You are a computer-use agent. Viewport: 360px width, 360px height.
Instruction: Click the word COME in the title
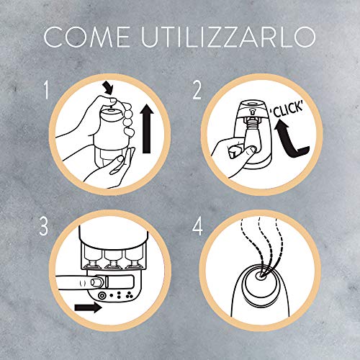(86, 37)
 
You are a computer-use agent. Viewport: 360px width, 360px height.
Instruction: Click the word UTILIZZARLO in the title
(228, 37)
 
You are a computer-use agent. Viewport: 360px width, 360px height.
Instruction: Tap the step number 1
(46, 90)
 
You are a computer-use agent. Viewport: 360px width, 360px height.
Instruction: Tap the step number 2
(197, 91)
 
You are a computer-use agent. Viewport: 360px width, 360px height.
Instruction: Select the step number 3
(44, 226)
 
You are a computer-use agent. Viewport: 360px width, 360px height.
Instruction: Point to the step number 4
(197, 226)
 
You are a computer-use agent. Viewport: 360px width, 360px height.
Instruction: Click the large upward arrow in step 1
(146, 130)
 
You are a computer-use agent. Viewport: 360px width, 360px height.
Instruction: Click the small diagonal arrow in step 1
(107, 88)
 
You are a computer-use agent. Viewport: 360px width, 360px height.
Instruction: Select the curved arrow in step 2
(289, 142)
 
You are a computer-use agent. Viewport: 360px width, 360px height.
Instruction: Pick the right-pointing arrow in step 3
(88, 307)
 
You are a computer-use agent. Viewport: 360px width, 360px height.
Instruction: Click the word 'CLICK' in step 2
(287, 109)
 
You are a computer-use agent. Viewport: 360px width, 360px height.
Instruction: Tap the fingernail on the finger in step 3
(96, 282)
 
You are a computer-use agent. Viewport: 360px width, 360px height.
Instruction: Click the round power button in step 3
(102, 295)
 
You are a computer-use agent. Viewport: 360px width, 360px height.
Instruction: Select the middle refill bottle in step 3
(112, 258)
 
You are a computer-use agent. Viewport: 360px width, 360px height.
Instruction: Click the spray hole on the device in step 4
(260, 276)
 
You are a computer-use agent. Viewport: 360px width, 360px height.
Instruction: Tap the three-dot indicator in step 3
(130, 295)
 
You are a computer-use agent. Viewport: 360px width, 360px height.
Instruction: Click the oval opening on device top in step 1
(111, 110)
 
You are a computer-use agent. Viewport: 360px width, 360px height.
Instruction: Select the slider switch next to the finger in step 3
(119, 282)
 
